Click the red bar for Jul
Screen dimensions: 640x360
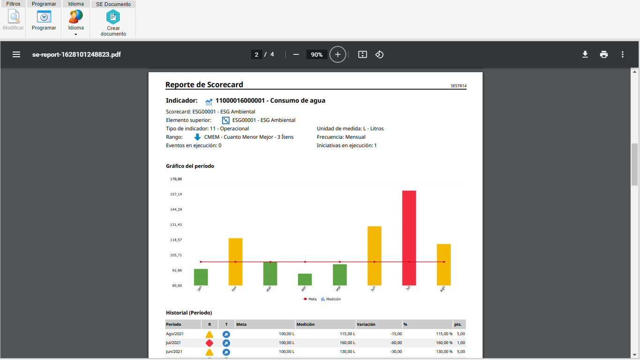409,238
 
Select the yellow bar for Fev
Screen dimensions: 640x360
235,262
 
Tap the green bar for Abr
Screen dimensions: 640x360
305,279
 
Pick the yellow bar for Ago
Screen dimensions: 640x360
444,264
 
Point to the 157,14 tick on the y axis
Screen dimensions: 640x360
176,194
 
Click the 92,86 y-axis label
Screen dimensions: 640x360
177,270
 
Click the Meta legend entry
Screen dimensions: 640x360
310,299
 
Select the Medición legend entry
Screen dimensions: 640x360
331,299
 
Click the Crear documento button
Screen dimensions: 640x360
113,23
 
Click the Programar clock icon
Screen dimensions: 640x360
44,16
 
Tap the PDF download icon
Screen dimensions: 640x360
585,54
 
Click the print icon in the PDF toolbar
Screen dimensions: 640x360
604,54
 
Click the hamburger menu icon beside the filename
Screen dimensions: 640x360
16,54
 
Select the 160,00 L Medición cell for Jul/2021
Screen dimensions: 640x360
348,343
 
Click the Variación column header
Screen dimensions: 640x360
366,324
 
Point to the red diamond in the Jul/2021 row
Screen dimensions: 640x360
209,343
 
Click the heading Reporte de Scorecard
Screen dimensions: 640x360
204,85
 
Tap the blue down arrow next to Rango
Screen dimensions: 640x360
197,137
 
